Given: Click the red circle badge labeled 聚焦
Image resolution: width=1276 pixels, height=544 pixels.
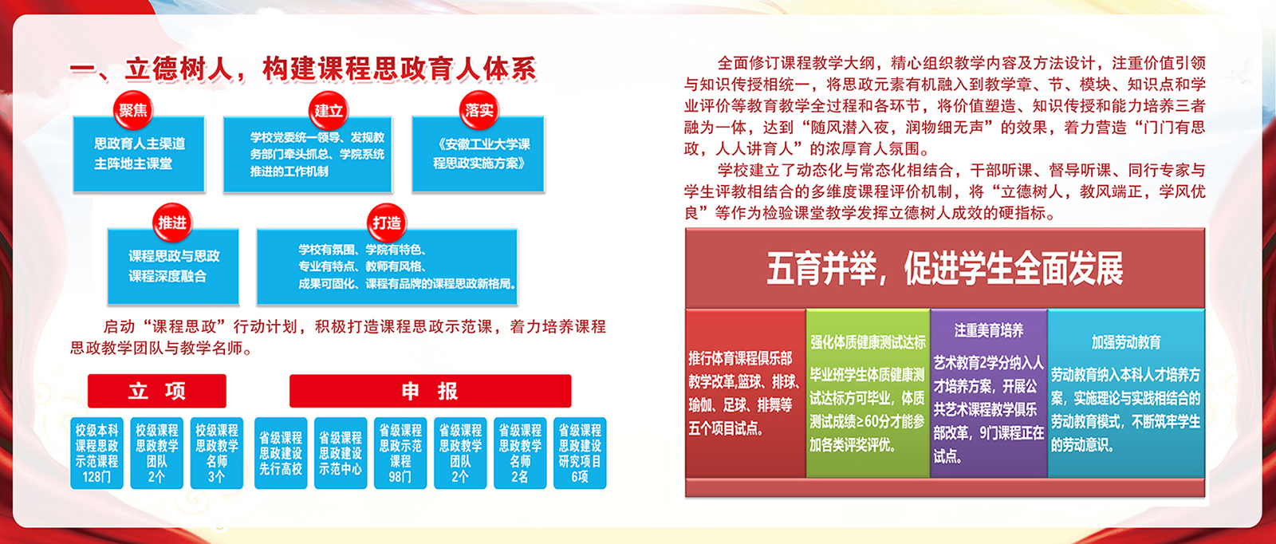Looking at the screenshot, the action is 133,110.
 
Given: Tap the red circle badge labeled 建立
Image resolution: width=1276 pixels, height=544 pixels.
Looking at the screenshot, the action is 328,111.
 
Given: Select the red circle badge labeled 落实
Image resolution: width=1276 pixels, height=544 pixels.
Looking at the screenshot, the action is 479,110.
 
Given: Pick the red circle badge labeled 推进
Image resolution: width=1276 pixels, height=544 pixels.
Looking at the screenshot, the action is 172,223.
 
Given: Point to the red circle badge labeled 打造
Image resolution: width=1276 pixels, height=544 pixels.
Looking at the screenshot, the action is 387,223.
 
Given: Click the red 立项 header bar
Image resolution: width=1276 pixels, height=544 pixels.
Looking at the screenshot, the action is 156,391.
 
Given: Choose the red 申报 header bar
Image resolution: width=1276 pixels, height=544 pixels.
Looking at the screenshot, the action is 430,391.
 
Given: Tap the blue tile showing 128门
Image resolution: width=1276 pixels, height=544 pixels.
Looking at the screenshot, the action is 96,453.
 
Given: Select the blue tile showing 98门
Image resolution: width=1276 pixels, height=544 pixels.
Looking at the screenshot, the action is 400,453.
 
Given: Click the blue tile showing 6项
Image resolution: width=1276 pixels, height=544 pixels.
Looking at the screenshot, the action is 580,453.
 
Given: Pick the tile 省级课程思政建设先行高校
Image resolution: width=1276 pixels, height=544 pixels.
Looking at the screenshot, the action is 281,453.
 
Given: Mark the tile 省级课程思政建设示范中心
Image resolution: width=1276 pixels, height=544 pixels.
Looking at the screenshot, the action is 340,453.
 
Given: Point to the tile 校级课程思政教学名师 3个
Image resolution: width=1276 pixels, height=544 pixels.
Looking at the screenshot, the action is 216,453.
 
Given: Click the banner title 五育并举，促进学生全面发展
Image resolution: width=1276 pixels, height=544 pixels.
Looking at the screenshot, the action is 945,268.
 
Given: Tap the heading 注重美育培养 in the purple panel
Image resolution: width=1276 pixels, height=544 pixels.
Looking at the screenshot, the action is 989,330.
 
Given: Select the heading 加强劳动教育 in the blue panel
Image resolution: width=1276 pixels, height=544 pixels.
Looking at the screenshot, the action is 1126,342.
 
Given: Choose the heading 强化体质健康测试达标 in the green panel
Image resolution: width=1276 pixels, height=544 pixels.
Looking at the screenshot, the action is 868,341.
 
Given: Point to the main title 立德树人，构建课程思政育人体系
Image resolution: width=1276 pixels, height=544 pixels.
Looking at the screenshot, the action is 330,69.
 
